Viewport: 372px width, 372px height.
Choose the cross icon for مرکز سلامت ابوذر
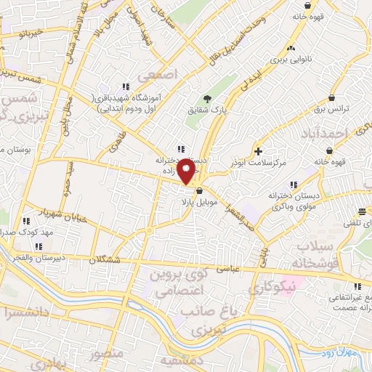259,150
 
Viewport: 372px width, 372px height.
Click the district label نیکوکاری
272,288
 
